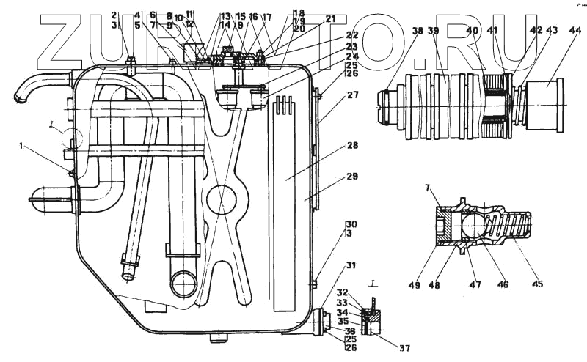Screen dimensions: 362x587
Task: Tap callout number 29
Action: coord(353,177)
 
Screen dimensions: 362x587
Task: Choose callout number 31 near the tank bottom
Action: coord(351,265)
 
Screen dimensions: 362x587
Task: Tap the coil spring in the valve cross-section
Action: coord(514,224)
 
